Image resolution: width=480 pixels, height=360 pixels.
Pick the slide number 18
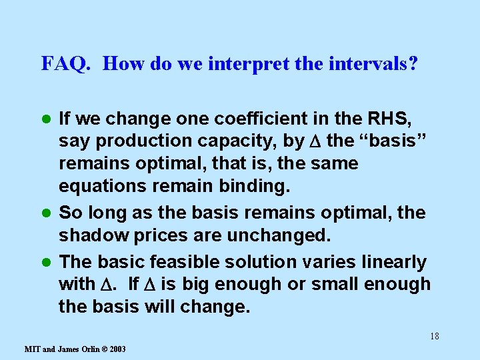(435, 336)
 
